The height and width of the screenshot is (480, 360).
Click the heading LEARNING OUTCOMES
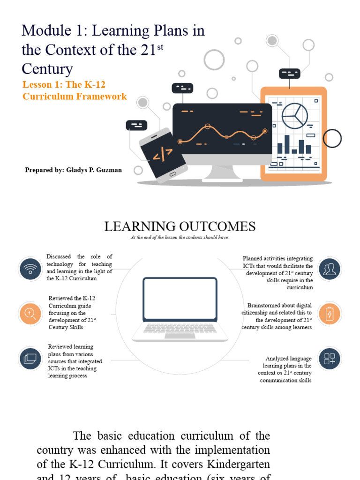tap(180, 227)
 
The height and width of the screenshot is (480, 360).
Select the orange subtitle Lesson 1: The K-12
tap(64, 85)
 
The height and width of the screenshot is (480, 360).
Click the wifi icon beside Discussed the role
tap(30, 269)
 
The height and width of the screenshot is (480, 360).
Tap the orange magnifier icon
tap(30, 314)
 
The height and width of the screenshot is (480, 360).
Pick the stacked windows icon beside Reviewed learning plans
tap(30, 359)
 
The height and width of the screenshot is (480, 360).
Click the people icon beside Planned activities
tap(330, 269)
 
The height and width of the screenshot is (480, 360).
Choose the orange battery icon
tap(330, 314)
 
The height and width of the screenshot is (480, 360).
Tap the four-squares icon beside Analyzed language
tap(330, 359)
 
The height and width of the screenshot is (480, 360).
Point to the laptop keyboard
tap(180, 328)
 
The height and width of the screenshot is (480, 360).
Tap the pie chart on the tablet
tap(294, 116)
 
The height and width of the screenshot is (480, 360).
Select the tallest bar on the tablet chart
tap(287, 144)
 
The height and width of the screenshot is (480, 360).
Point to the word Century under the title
tap(47, 69)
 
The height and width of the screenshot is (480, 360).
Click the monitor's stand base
tap(222, 178)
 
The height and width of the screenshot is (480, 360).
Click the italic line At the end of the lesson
tap(180, 238)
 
